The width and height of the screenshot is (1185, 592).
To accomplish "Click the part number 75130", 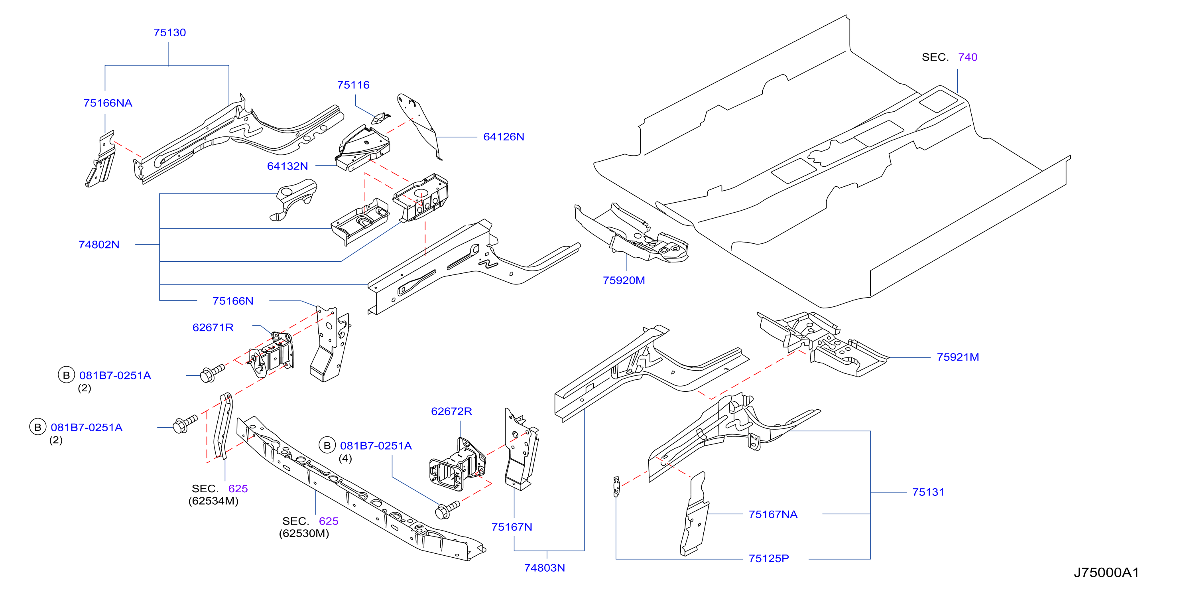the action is coord(169,33).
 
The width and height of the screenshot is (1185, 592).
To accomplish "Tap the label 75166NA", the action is coord(108,103).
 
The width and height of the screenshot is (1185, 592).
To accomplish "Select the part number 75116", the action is coord(353,85).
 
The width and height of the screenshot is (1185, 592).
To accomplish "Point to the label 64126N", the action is coord(503,137).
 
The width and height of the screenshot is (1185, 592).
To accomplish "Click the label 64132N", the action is coord(287,167).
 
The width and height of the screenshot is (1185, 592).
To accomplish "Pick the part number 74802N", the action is coord(98,245).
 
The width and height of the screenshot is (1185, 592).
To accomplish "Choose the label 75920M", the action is coord(623,281).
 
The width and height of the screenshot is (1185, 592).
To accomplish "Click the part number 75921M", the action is coord(957,357).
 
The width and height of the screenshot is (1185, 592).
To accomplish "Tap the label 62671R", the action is coord(213,328).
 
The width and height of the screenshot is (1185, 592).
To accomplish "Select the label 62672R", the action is coord(451,412).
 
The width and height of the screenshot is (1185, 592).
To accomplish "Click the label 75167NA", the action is coord(772,515).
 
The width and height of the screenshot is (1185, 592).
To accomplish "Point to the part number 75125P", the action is coord(768,559).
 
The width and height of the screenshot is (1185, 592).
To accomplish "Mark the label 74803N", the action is coord(544,568).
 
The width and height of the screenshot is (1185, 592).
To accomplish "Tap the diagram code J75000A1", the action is coord(1106,573).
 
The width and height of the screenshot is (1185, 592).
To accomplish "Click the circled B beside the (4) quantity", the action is coord(327,446).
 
